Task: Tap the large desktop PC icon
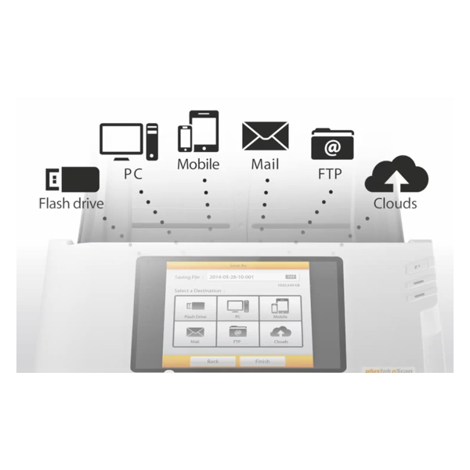click(129, 142)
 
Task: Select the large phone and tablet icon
click(197, 132)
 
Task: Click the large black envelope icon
click(265, 136)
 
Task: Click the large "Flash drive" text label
click(71, 204)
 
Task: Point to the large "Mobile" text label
click(197, 164)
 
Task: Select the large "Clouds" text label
click(395, 204)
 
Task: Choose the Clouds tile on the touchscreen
click(279, 335)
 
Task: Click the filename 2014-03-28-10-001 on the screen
click(240, 277)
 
